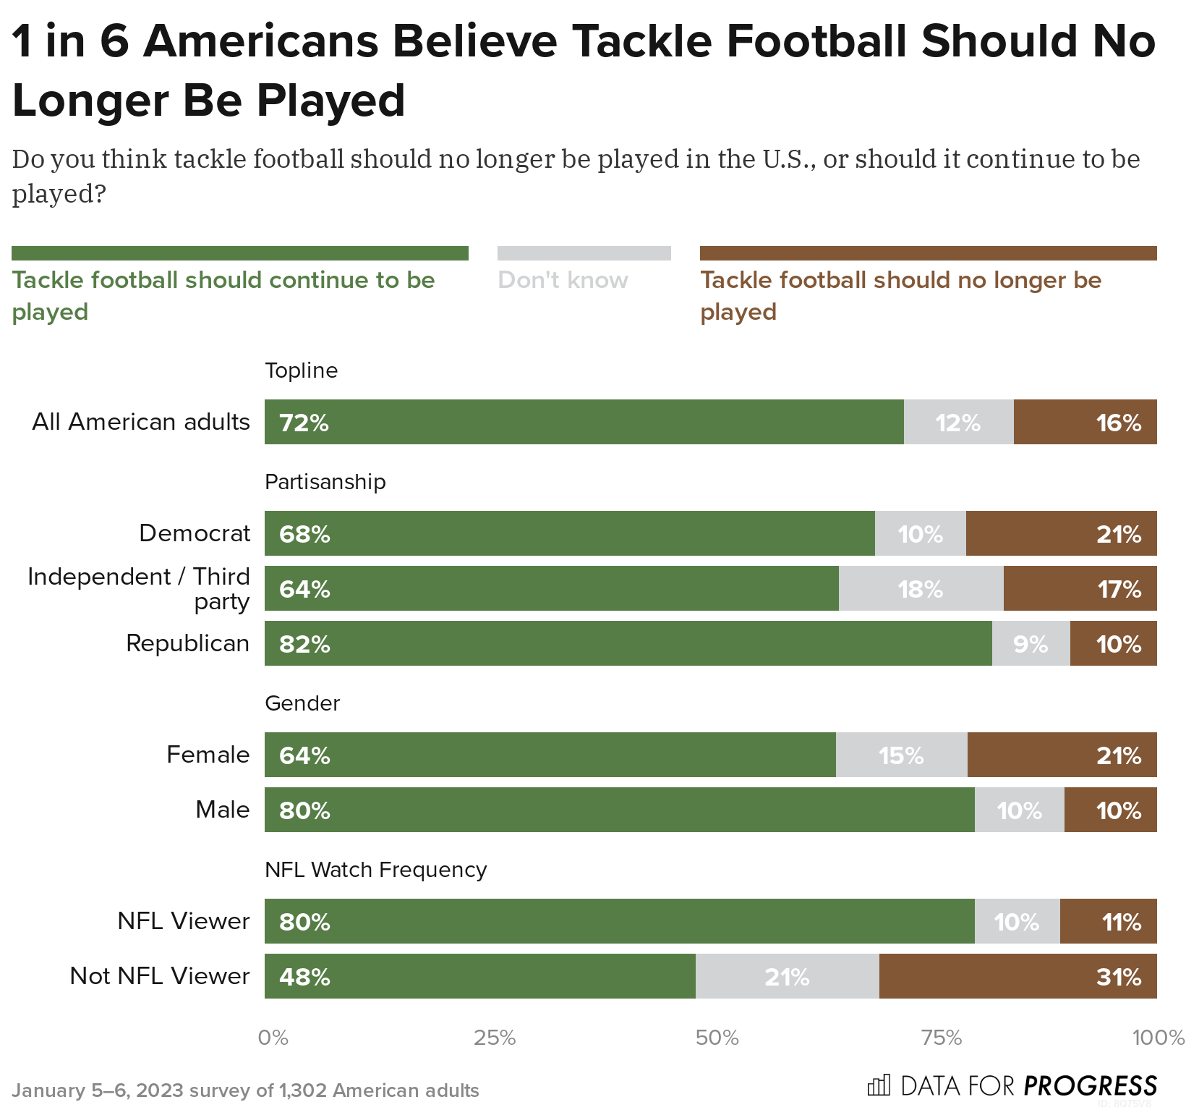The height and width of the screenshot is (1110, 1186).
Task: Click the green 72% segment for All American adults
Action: (x=584, y=422)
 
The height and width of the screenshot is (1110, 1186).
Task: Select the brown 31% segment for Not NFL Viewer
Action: (x=1018, y=976)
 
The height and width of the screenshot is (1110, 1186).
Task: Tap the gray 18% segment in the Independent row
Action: (x=921, y=588)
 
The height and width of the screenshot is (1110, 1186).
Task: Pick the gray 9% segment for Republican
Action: (x=1031, y=643)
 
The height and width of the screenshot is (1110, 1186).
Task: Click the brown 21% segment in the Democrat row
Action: (x=1061, y=533)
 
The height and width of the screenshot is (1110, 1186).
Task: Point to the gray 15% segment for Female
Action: (x=901, y=755)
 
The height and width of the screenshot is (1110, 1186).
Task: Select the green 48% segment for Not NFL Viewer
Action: (x=479, y=976)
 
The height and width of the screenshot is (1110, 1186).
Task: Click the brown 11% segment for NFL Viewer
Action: (x=1108, y=921)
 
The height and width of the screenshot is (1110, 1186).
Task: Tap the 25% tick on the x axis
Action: (x=495, y=1038)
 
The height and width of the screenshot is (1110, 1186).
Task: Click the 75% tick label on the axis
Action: (x=942, y=1038)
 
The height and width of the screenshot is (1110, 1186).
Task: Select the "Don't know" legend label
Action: (x=563, y=280)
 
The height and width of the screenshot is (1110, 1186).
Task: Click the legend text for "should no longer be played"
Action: (x=900, y=295)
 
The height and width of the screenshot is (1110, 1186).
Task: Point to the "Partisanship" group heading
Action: (x=325, y=482)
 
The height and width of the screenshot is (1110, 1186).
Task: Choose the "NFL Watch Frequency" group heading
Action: (x=376, y=870)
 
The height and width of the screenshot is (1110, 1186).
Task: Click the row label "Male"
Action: (x=222, y=810)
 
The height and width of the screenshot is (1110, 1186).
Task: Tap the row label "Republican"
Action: (x=187, y=643)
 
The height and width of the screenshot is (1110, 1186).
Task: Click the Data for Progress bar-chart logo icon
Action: (x=879, y=1085)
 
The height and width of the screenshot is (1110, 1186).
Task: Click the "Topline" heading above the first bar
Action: (x=302, y=370)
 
